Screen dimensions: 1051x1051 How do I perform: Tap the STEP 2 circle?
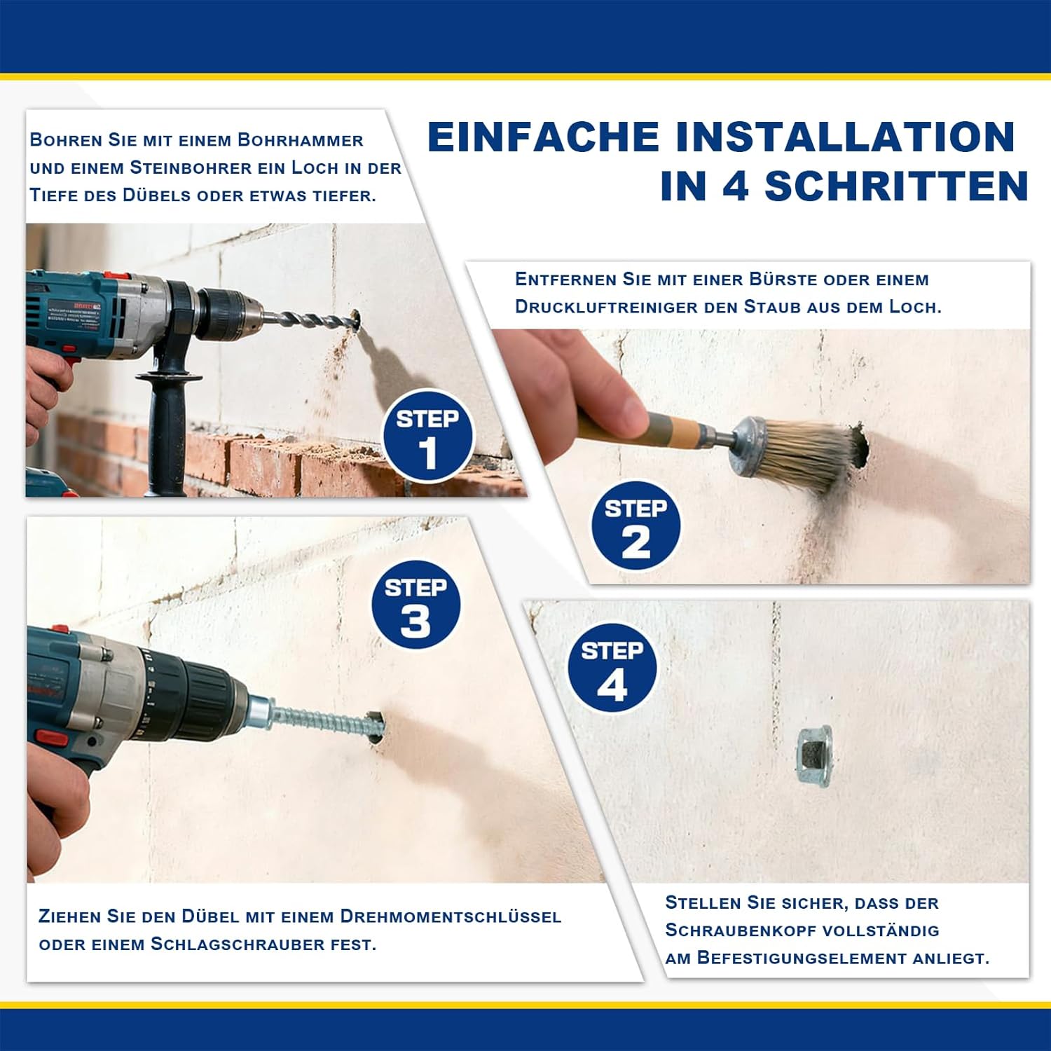pos(636,525)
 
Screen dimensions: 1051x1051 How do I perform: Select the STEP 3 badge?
pos(415,605)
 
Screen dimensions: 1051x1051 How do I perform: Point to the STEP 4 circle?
pos(612,668)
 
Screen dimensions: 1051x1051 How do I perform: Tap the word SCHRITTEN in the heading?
pos(896,186)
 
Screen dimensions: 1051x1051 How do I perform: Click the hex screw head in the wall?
pos(814,757)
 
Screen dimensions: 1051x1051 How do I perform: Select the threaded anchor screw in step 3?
pos(322,722)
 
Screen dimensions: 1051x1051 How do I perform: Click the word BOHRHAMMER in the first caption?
pos(300,140)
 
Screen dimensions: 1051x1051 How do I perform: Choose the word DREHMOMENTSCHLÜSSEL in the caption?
pos(451,916)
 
